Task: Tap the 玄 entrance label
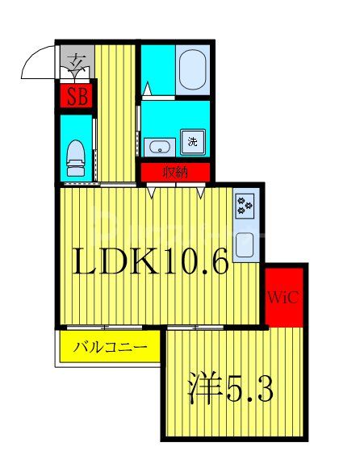point(77,61)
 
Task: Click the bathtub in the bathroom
point(192,69)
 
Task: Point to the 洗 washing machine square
point(193,141)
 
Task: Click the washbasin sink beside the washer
point(161,147)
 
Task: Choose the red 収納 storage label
point(176,171)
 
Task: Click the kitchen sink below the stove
point(245,242)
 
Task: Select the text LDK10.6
point(152,262)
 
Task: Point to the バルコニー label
point(111,349)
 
